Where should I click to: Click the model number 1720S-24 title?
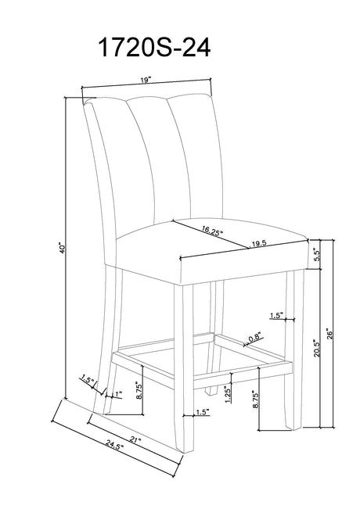(154, 48)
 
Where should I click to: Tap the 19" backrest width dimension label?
(146, 80)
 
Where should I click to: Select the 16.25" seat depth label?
(212, 230)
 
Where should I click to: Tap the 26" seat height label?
(330, 334)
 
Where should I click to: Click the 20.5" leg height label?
(317, 348)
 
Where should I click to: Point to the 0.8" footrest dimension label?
(255, 338)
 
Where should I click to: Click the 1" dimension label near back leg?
(117, 394)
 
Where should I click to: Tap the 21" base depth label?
(135, 440)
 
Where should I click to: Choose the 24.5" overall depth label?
(115, 445)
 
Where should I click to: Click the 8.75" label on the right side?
(255, 401)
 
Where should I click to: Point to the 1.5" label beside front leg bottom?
(203, 412)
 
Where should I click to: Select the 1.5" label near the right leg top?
(277, 315)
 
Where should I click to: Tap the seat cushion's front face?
(244, 263)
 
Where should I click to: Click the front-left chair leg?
(184, 367)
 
